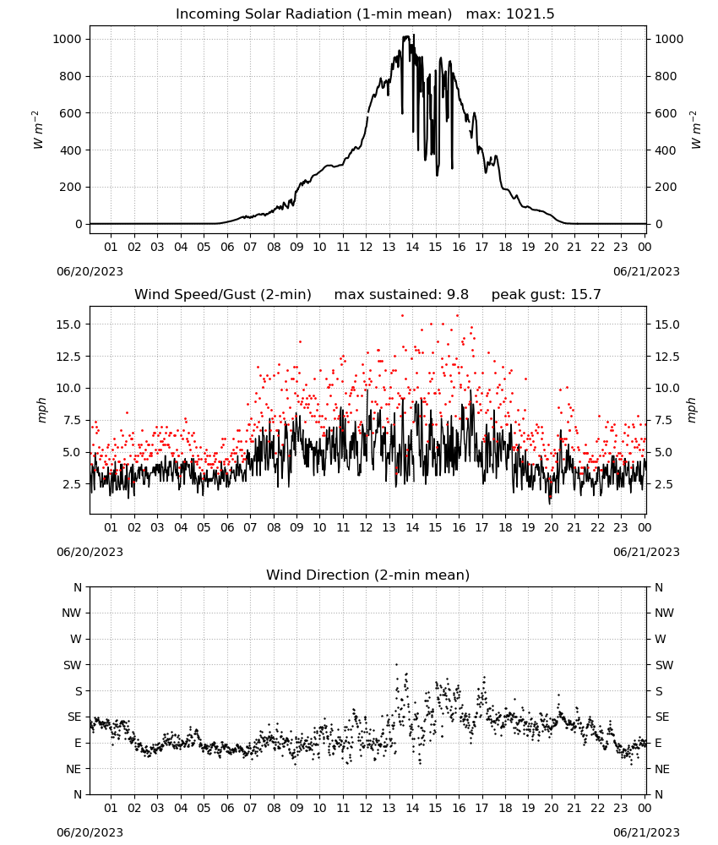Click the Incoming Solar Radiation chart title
pyautogui.click(x=313, y=14)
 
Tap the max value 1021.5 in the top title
pyautogui.click(x=530, y=14)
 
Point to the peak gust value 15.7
pyautogui.click(x=584, y=294)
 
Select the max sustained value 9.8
pyautogui.click(x=457, y=294)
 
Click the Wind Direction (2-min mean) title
pyautogui.click(x=368, y=575)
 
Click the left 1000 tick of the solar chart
pyautogui.click(x=67, y=39)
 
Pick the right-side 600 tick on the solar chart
pyautogui.click(x=666, y=113)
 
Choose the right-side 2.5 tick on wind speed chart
pyautogui.click(x=664, y=484)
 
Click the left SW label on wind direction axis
pyautogui.click(x=73, y=665)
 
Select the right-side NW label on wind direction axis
pyautogui.click(x=664, y=613)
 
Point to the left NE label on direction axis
pyautogui.click(x=73, y=769)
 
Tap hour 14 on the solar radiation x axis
pyautogui.click(x=412, y=247)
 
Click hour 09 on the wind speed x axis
pyautogui.click(x=296, y=527)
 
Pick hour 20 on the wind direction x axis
pyautogui.click(x=551, y=808)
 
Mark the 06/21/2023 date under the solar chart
pyautogui.click(x=646, y=271)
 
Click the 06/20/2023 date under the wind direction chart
pyautogui.click(x=90, y=832)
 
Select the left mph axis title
pyautogui.click(x=42, y=410)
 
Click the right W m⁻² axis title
pyautogui.click(x=695, y=130)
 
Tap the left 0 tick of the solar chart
pyautogui.click(x=79, y=224)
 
